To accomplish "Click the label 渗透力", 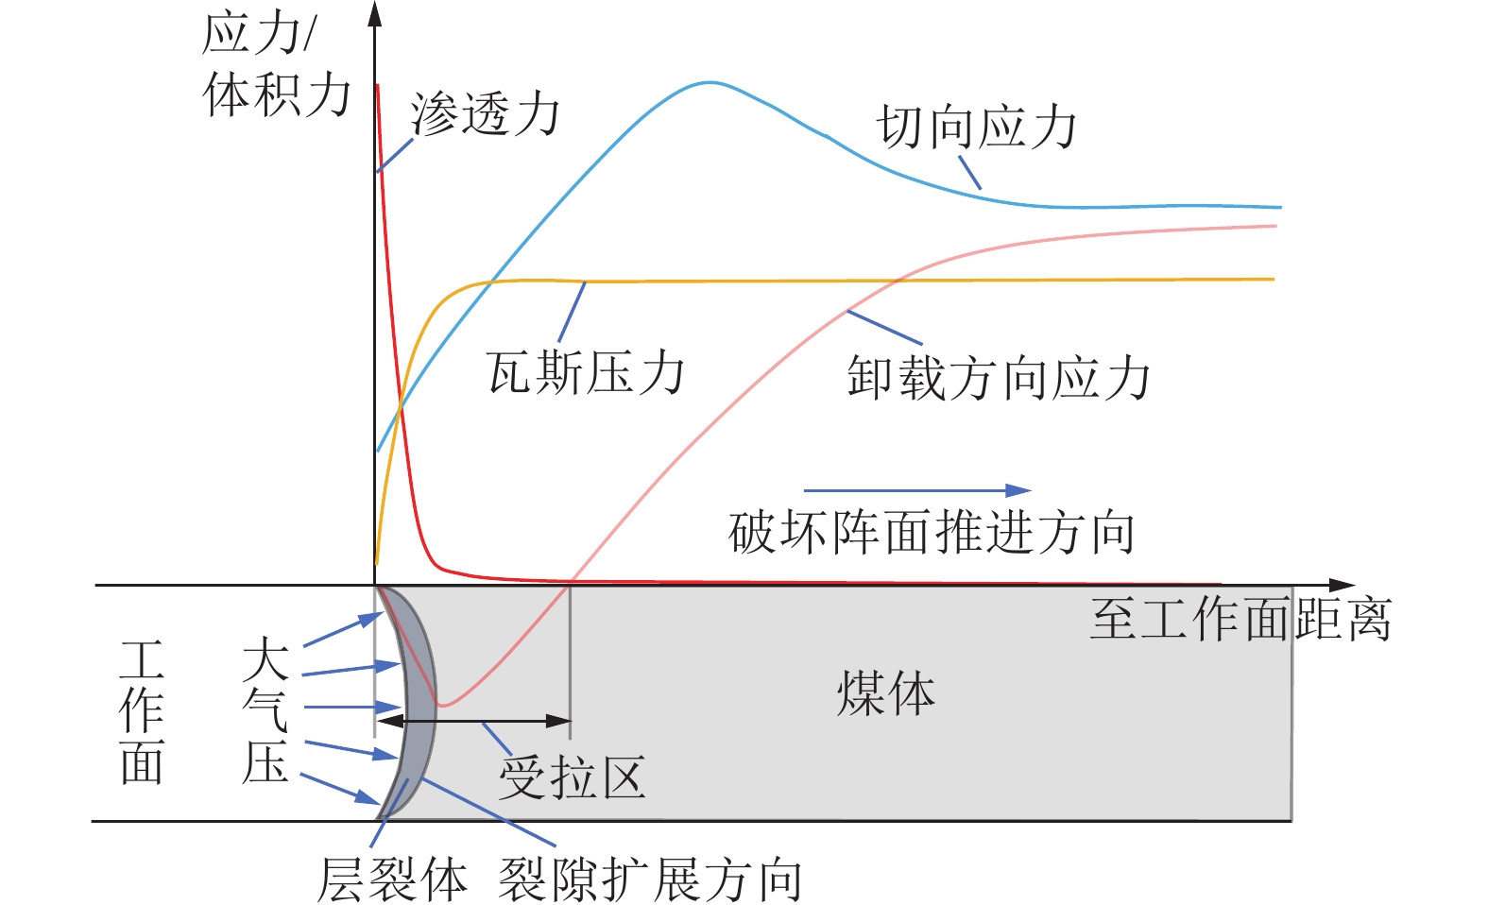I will point(485,115).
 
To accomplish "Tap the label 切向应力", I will point(977,128).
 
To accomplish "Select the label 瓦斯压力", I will point(586,372).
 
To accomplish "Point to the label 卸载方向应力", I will point(998,378).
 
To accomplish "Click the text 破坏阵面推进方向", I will point(932,533).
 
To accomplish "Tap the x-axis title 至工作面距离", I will point(1240,621).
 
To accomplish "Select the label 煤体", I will point(885,693).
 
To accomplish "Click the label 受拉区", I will point(573,778).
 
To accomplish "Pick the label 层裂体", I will point(392,879).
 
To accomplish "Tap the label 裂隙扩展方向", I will point(650,879).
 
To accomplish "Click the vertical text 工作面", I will point(143,712).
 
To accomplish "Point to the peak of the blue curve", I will point(709,82).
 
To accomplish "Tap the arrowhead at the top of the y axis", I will point(375,13).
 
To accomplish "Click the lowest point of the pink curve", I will point(444,705).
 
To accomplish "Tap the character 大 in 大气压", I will point(265,658).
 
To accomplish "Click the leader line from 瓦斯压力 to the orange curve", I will point(572,312).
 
